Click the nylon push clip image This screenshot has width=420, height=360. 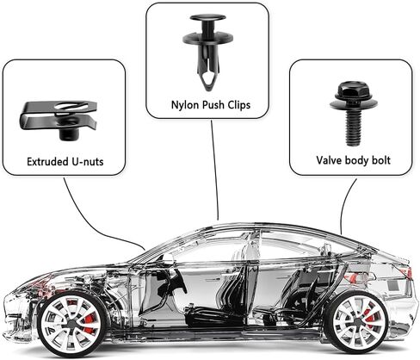pyautogui.click(x=207, y=52)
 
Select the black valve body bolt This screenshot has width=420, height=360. pyautogui.click(x=354, y=113)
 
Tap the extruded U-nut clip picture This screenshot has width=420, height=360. pyautogui.click(x=59, y=120)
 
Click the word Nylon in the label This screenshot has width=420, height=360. pyautogui.click(x=184, y=105)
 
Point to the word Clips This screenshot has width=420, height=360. pyautogui.click(x=239, y=105)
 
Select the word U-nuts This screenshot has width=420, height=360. pyautogui.click(x=88, y=161)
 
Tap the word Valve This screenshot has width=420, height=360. pyautogui.click(x=329, y=160)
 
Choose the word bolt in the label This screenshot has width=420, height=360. pyautogui.click(x=381, y=160)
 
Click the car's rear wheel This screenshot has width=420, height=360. pyautogui.click(x=356, y=321)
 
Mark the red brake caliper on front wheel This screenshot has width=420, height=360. pyautogui.click(x=90, y=322)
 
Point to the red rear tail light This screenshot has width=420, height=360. pyautogui.click(x=407, y=273)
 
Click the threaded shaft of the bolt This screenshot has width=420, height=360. pyautogui.click(x=353, y=127)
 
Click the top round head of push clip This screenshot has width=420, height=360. pyautogui.click(x=208, y=17)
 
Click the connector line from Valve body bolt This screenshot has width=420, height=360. pyautogui.click(x=345, y=204)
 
